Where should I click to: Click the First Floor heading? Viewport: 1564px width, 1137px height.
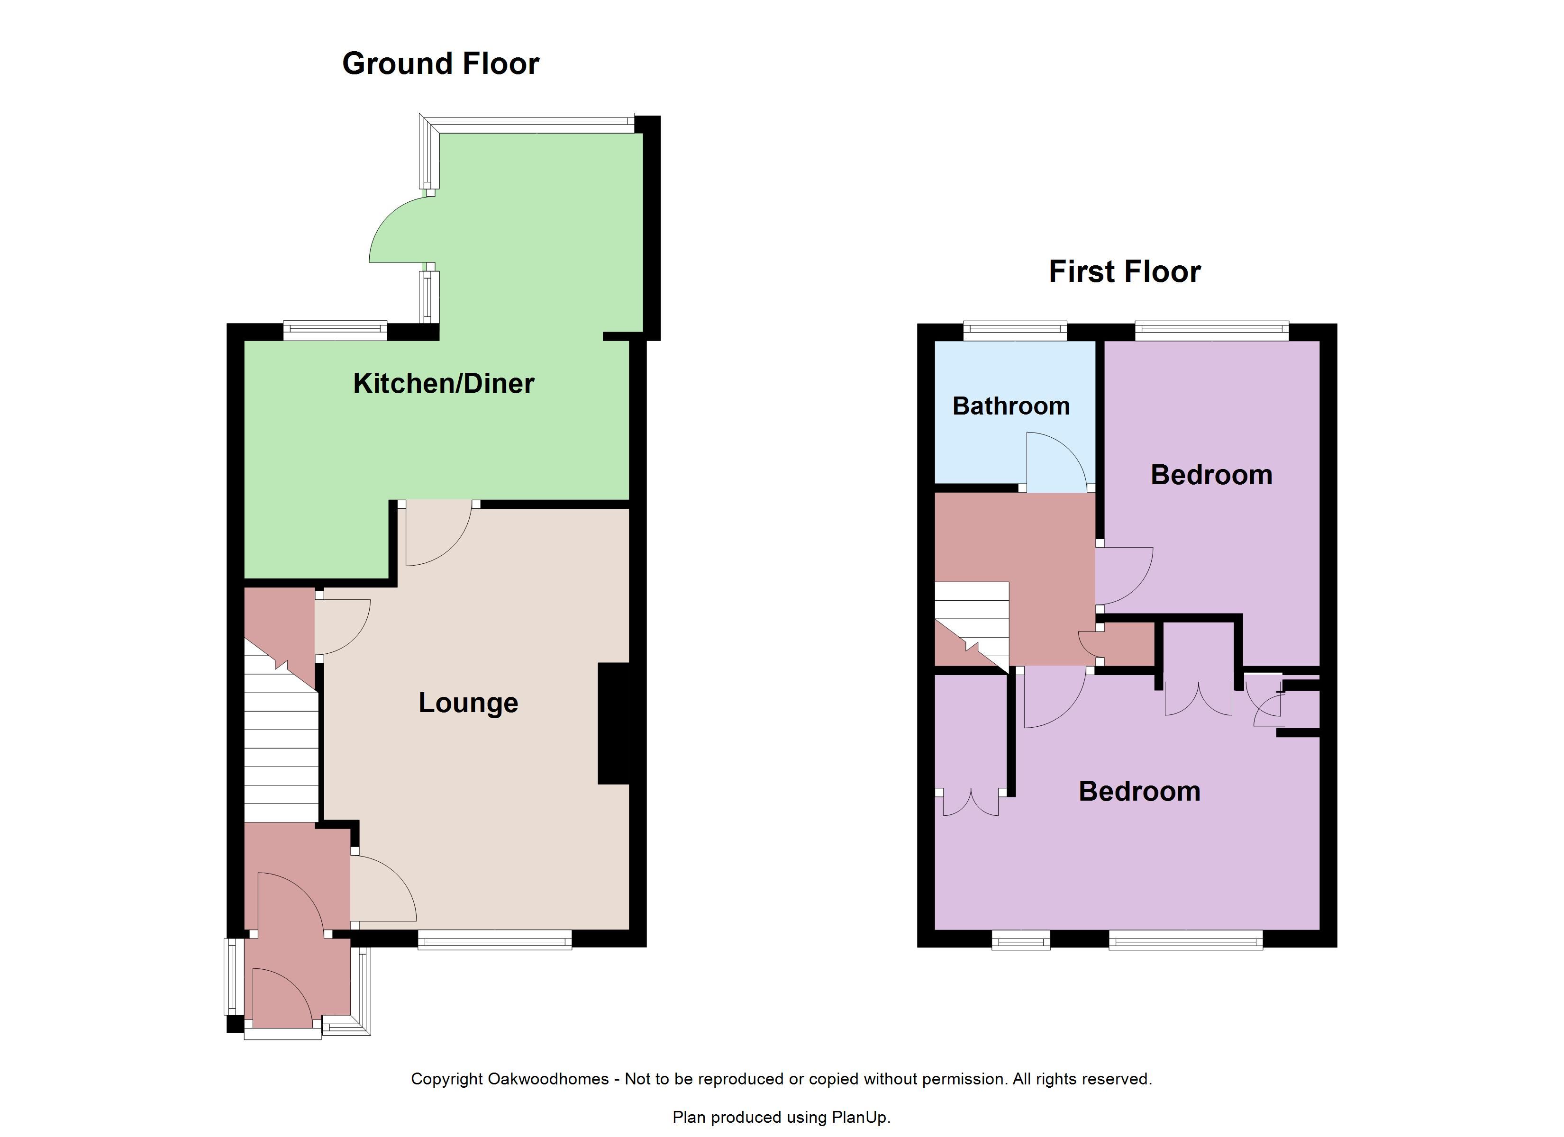(x=1124, y=271)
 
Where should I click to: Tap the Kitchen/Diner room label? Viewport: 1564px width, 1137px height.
(x=444, y=383)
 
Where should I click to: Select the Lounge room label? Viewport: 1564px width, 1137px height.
(x=468, y=703)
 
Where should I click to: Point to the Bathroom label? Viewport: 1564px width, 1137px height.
(x=1011, y=406)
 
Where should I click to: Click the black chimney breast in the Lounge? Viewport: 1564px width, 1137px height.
(x=613, y=723)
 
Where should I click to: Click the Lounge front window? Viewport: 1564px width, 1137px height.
(x=494, y=940)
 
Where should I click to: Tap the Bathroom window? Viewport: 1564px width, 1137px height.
(x=1014, y=331)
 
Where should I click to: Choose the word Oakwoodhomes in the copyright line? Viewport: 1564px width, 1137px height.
(x=548, y=1079)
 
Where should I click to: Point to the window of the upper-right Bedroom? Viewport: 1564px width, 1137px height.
(x=1211, y=331)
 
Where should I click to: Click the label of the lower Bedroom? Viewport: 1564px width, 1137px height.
(x=1139, y=791)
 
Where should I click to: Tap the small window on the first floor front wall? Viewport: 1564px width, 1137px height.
(x=1020, y=940)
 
